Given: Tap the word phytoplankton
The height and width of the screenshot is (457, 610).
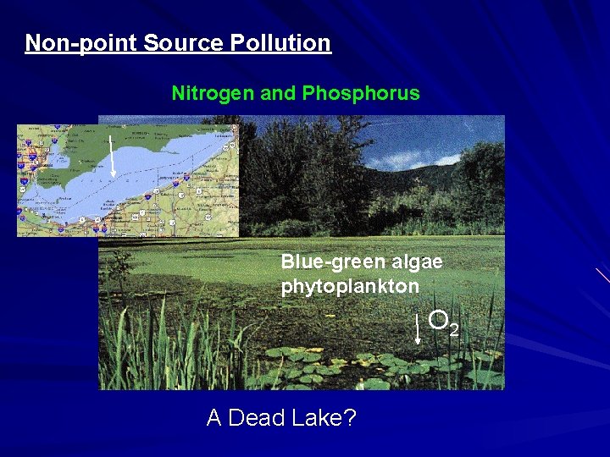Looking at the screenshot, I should pos(350,286).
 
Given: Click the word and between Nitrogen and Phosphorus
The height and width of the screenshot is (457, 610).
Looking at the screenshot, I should pos(276,93).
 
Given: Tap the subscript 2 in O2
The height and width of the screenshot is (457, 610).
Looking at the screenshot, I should pos(454,328).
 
